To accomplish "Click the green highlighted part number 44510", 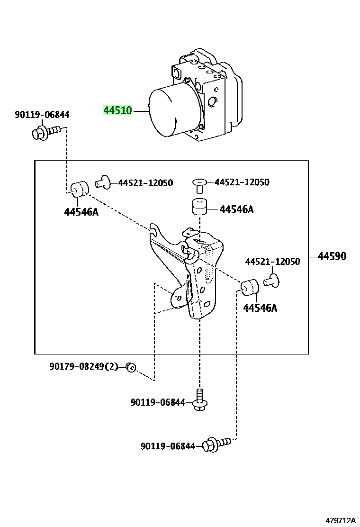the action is pos(117,110).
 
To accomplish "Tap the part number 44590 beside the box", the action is pos(332,256).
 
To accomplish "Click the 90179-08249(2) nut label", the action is pos(84,366).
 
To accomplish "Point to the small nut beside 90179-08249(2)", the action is pos(131,367).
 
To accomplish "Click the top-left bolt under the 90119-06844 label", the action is pos(46,132).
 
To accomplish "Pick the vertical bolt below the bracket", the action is pos(200,400).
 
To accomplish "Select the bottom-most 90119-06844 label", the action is pos(168,446).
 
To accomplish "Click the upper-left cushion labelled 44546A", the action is pos(79,189).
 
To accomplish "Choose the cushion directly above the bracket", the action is pos(199,206).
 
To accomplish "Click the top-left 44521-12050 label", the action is pos(145,183).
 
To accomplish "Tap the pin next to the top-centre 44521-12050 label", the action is pos(199,186).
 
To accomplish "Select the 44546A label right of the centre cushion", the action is pos(236,210).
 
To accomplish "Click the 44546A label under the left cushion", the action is pos(81,212).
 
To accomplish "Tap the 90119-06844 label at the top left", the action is pos(42,115).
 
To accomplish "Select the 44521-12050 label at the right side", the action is pos(272,261).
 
